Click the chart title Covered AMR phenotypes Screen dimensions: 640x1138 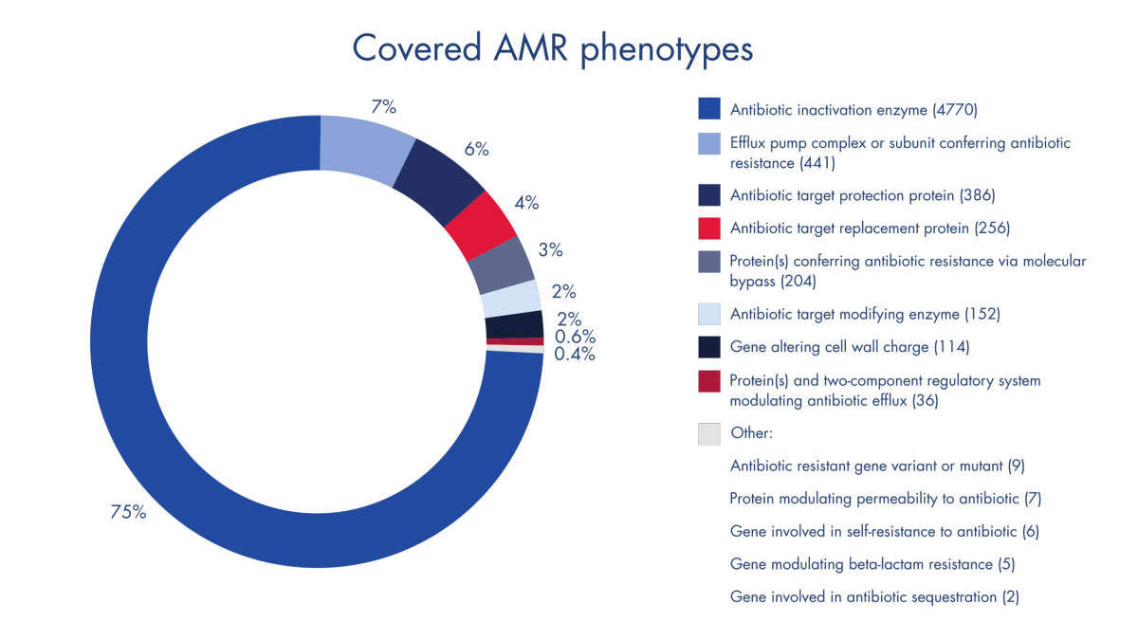[x=552, y=47]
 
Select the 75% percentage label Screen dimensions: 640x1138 [x=128, y=513]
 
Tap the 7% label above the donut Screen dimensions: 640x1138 [x=382, y=106]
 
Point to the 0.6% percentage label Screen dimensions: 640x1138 [x=575, y=336]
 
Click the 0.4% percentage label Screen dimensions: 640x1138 [x=575, y=355]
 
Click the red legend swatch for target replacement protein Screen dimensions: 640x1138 [x=708, y=229]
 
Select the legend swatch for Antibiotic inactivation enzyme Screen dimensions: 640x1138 [x=708, y=109]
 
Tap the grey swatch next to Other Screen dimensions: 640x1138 [x=708, y=433]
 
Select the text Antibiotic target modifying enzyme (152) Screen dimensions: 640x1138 [x=865, y=314]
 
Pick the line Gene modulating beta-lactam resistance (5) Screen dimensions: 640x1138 [x=872, y=564]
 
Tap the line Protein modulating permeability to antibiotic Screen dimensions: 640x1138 [x=886, y=499]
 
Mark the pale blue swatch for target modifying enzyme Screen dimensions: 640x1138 [x=708, y=314]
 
